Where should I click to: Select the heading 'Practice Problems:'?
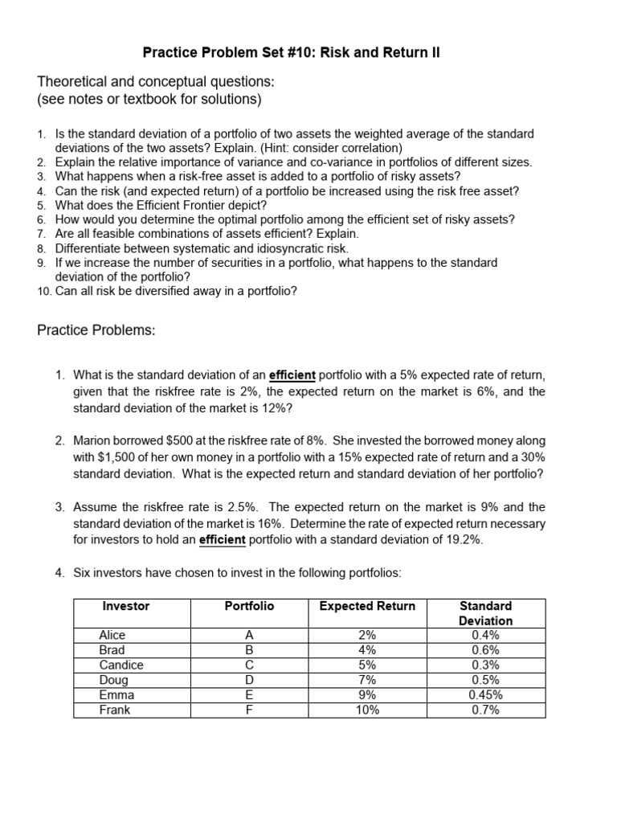click(x=96, y=330)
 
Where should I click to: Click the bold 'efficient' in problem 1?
click(x=293, y=375)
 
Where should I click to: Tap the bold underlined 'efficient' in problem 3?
click(x=222, y=540)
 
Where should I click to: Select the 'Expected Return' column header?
click(x=367, y=606)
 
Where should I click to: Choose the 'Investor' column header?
click(x=125, y=606)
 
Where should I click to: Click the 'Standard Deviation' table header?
click(x=485, y=613)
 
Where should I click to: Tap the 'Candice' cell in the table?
click(x=121, y=665)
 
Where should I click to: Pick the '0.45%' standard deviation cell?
click(x=485, y=695)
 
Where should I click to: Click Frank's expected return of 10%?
click(x=367, y=710)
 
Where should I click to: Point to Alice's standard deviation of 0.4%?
click(x=485, y=636)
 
